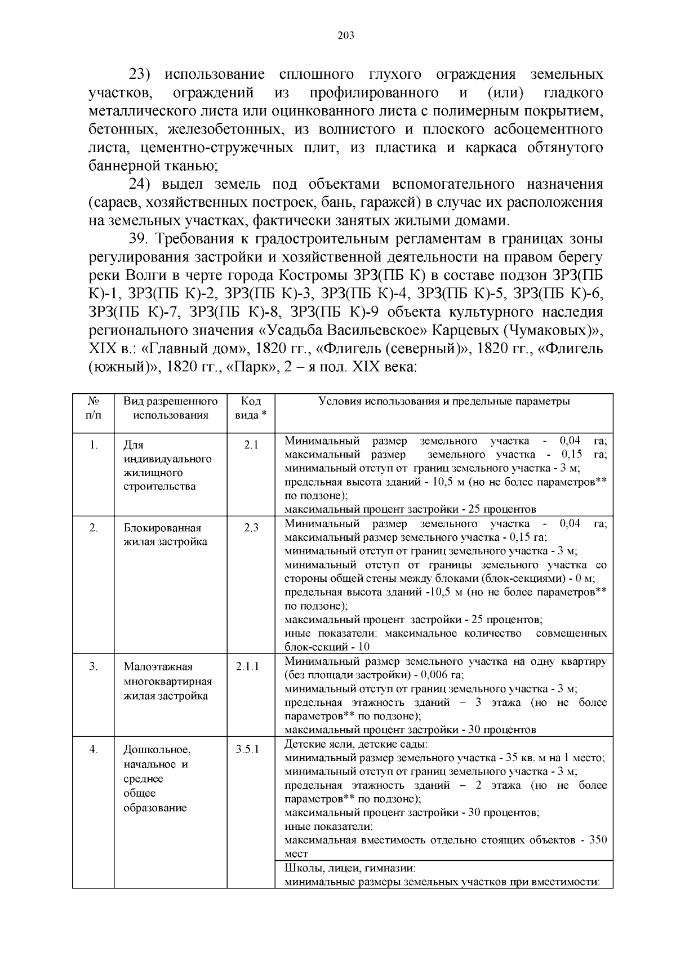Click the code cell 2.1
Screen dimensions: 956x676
(251, 444)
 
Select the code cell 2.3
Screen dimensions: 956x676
(251, 528)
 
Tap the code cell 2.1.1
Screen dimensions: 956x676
(248, 666)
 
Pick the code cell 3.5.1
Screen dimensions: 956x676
(248, 749)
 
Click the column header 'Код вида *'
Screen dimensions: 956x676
(251, 408)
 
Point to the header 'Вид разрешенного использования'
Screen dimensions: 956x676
(171, 408)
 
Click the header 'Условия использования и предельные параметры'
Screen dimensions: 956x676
(444, 402)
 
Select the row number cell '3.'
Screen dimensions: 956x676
(94, 666)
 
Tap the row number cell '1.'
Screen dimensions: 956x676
(94, 444)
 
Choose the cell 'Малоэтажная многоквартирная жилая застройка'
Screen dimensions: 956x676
(167, 681)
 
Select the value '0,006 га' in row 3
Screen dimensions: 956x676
(444, 675)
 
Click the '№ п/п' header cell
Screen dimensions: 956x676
(94, 408)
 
